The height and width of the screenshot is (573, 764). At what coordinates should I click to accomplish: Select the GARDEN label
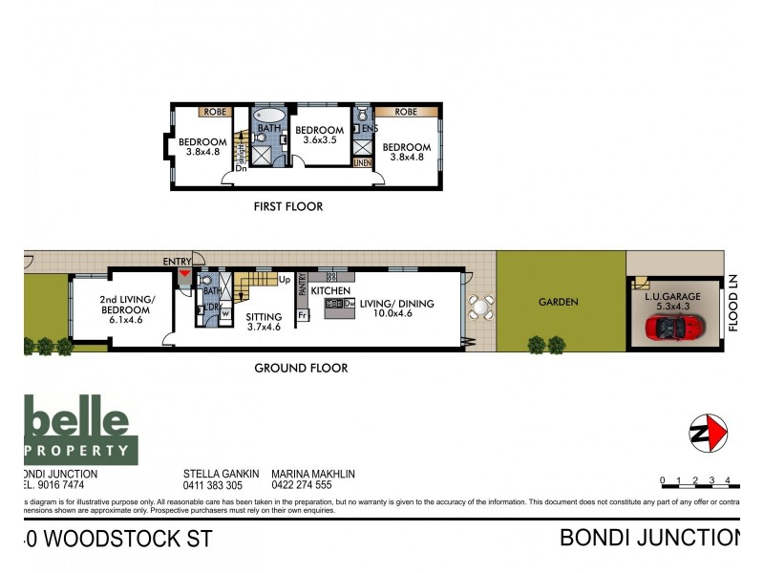pyautogui.click(x=559, y=302)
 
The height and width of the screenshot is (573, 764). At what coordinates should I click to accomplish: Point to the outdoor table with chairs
pyautogui.click(x=479, y=307)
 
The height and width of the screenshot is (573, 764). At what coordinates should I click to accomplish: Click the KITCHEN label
pyautogui.click(x=329, y=289)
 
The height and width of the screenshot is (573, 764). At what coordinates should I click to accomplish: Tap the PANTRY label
pyautogui.click(x=302, y=284)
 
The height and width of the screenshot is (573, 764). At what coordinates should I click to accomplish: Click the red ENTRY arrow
pyautogui.click(x=183, y=275)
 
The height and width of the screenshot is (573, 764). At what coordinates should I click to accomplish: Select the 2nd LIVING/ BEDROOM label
pyautogui.click(x=124, y=304)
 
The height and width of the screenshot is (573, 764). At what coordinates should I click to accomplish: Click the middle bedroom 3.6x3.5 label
pyautogui.click(x=319, y=136)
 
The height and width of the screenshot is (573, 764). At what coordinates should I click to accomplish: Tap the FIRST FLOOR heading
pyautogui.click(x=287, y=206)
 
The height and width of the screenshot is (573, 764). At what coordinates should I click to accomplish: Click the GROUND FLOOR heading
pyautogui.click(x=301, y=368)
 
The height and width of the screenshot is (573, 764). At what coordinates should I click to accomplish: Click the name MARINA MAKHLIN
pyautogui.click(x=315, y=473)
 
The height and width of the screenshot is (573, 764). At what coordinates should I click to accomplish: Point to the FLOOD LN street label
pyautogui.click(x=733, y=304)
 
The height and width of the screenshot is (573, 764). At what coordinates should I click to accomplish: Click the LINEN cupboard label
pyautogui.click(x=362, y=162)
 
